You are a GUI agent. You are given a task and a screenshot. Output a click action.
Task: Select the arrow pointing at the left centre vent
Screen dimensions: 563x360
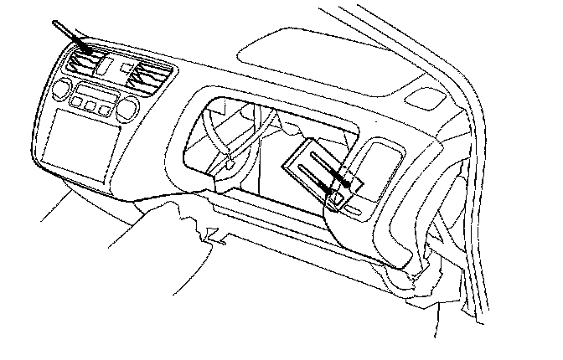pos(68,34)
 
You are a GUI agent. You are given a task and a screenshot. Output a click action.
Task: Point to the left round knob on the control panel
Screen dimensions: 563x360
pos(60,89)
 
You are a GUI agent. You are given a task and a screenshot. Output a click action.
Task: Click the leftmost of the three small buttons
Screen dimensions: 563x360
pos(77,102)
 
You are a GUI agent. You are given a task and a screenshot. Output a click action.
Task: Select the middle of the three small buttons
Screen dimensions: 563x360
pos(90,105)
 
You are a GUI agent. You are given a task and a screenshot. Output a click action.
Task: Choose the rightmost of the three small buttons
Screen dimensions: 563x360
pos(104,107)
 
